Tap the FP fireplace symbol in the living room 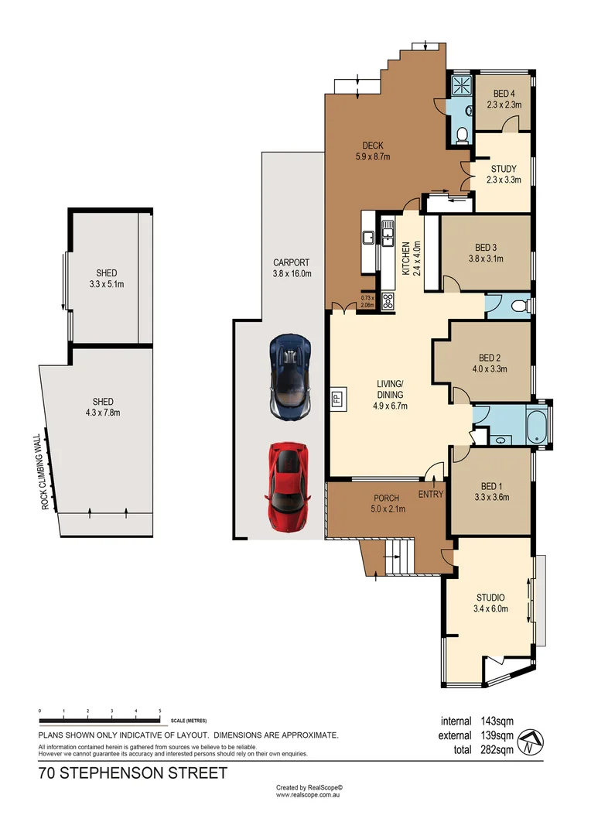tap(336, 399)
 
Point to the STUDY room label tap(503, 173)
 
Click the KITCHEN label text tap(405, 259)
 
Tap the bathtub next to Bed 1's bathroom tap(535, 426)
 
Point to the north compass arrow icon tap(529, 742)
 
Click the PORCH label tap(385, 502)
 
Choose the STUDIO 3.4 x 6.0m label tap(490, 602)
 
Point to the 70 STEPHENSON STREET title tap(133, 773)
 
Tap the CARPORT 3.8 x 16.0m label tap(292, 267)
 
